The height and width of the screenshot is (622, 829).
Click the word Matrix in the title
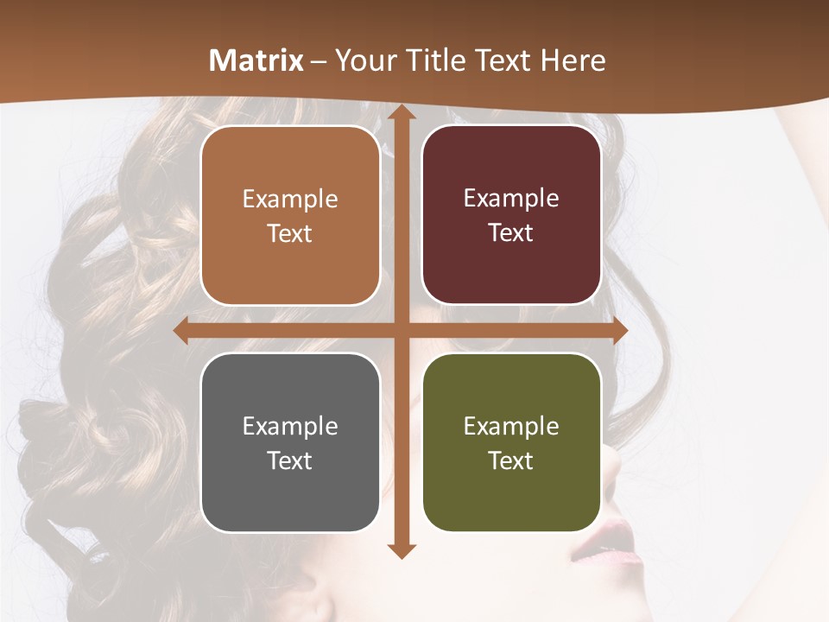point(256,60)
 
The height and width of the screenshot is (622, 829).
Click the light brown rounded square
point(290,215)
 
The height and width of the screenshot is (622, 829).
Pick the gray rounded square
point(290,442)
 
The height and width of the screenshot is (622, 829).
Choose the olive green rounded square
point(511,442)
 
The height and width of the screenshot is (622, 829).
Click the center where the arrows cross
point(401,331)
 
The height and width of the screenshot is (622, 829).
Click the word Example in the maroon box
point(511,198)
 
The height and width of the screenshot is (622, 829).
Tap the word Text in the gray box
point(289,460)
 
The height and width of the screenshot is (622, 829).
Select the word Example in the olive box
point(511,426)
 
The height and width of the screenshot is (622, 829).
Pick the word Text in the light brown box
point(289,233)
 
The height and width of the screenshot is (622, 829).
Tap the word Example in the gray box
point(290,426)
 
